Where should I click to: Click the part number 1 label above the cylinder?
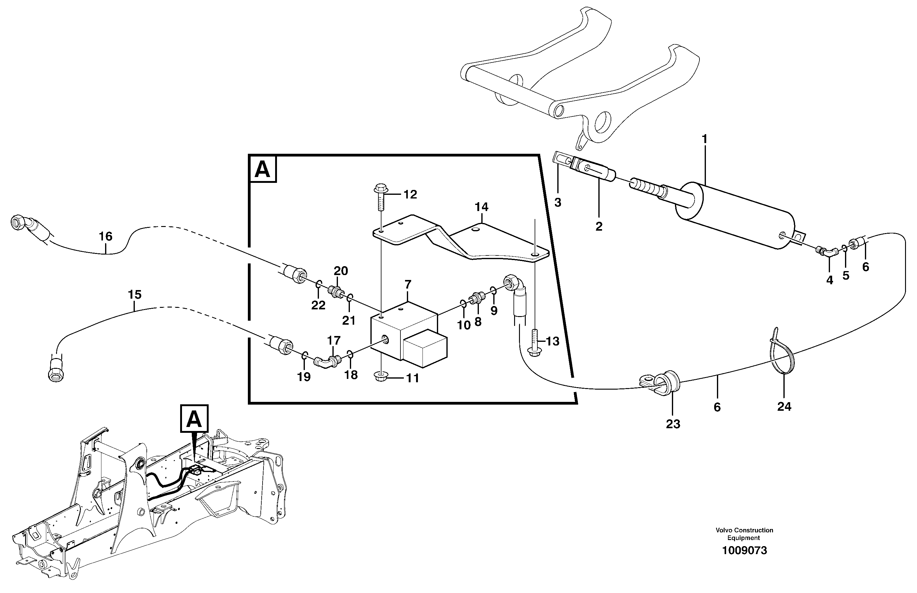coord(704,139)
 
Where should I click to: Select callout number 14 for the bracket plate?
coord(481,207)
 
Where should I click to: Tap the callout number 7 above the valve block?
coord(408,285)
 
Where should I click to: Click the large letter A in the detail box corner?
coord(263,169)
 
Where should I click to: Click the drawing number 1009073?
coord(744,551)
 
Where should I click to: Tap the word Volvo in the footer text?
coord(723,530)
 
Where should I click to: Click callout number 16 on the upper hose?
coord(105,236)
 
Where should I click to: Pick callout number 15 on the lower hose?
coord(135,295)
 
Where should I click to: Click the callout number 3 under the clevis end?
coord(558,202)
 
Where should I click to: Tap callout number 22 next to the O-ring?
coord(318,305)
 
